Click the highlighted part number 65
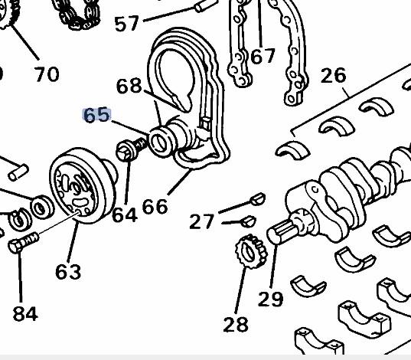pyautogui.click(x=97, y=116)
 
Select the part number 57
pyautogui.click(x=127, y=25)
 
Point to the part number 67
pyautogui.click(x=263, y=56)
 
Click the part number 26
pyautogui.click(x=334, y=76)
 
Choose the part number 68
pyautogui.click(x=129, y=86)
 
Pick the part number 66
pyautogui.click(x=154, y=206)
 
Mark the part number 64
pyautogui.click(x=124, y=214)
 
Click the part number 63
pyautogui.click(x=68, y=270)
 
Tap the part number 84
pyautogui.click(x=25, y=313)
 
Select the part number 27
pyautogui.click(x=202, y=221)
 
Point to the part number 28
pyautogui.click(x=236, y=324)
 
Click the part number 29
pyautogui.click(x=270, y=298)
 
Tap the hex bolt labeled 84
pyautogui.click(x=21, y=245)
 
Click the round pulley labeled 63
pyautogui.click(x=77, y=184)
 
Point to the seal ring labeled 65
pyautogui.click(x=161, y=140)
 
